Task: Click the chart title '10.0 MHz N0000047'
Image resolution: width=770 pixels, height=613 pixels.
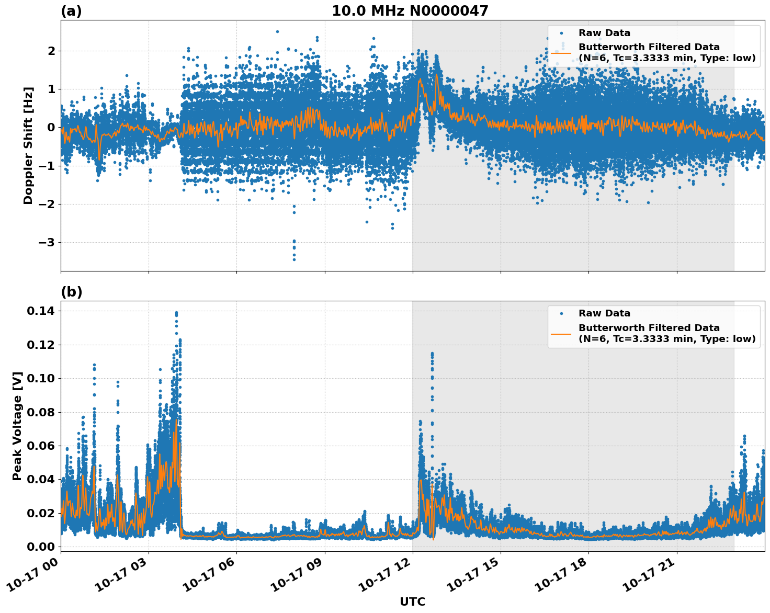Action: click(x=410, y=11)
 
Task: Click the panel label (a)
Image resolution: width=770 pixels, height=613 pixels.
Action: click(x=71, y=11)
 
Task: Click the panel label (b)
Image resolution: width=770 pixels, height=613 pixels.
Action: click(x=71, y=292)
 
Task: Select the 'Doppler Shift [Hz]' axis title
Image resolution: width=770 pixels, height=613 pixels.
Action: click(x=28, y=145)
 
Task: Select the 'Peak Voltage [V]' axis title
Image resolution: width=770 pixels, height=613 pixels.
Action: click(x=17, y=426)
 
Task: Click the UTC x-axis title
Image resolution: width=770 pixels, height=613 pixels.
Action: click(x=412, y=601)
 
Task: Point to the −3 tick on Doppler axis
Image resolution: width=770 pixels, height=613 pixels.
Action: click(x=44, y=242)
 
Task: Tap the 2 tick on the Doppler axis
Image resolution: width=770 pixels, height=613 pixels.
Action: click(x=51, y=51)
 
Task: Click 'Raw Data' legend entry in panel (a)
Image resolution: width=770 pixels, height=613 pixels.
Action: click(x=604, y=33)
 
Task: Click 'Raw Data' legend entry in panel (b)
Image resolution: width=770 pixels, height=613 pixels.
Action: click(x=604, y=313)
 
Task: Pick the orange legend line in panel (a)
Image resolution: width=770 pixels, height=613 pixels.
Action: click(x=561, y=52)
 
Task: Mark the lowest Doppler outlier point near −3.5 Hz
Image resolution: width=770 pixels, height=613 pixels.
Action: click(x=294, y=259)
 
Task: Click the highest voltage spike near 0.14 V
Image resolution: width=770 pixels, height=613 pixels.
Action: click(x=176, y=313)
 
